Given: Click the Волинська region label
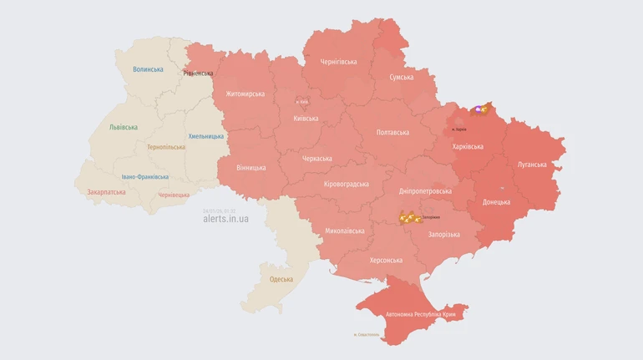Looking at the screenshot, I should pyautogui.click(x=148, y=69).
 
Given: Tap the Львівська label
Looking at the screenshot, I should pyautogui.click(x=124, y=127).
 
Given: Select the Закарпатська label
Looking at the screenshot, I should pyautogui.click(x=107, y=191).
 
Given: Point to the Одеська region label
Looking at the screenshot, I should pyautogui.click(x=281, y=279).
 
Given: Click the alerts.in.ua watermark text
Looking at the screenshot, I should pyautogui.click(x=225, y=219).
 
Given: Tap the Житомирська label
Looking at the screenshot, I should pyautogui.click(x=245, y=94).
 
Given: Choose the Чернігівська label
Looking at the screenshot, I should pyautogui.click(x=338, y=62).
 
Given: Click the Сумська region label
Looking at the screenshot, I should pyautogui.click(x=401, y=77).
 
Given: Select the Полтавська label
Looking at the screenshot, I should pyautogui.click(x=392, y=132).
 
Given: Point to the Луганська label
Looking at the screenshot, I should pyautogui.click(x=532, y=165).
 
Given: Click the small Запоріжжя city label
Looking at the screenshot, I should pyautogui.click(x=431, y=217).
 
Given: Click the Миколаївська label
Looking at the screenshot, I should pyautogui.click(x=344, y=231).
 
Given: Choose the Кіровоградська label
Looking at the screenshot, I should pyautogui.click(x=346, y=184).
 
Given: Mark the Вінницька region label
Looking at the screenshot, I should pyautogui.click(x=251, y=167).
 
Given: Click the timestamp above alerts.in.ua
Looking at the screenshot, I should pyautogui.click(x=220, y=210).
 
